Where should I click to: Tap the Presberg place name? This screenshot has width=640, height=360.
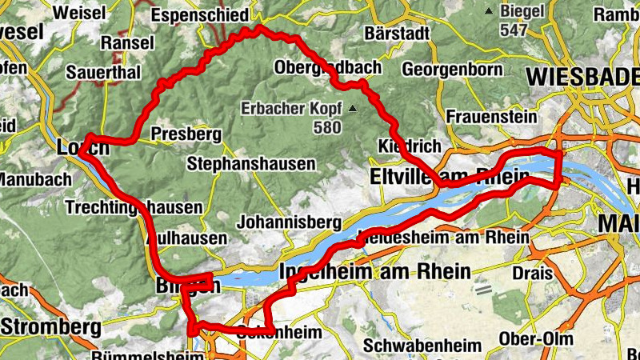pos(186,134)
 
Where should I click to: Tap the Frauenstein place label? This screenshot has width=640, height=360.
pos(491,117)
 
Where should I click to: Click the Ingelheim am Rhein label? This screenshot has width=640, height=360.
pos(375,271)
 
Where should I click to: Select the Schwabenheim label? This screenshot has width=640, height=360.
pos(422,346)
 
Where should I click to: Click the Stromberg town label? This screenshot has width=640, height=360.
pos(51,326)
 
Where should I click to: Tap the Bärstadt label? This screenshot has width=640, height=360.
pos(395,34)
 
